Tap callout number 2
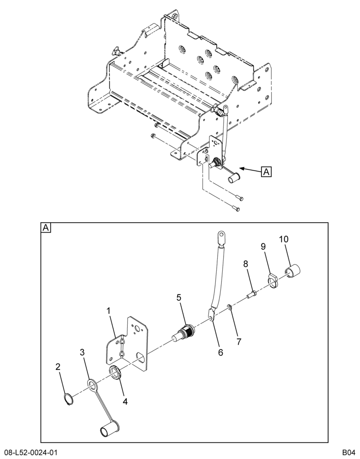pos(58,366)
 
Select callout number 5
pos(179,298)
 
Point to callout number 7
pos(239,341)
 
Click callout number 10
pos(284,239)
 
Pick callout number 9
pos(263,246)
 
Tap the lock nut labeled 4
pos(116,372)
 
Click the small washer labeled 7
pos(230,307)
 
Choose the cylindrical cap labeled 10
pos(293,271)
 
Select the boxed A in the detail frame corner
pos(46,227)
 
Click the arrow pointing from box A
pos(250,170)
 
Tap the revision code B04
pos(349,452)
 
